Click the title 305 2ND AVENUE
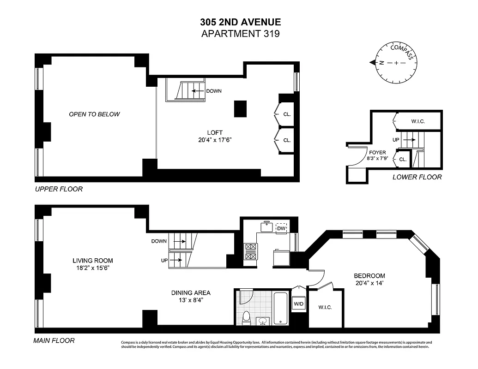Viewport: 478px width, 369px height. [240, 22]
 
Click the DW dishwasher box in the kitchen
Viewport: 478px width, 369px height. [281, 228]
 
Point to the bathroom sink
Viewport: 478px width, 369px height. [263, 321]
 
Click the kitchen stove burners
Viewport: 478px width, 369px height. [250, 252]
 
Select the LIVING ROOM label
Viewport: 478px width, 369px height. [92, 261]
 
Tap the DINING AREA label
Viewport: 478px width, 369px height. [191, 293]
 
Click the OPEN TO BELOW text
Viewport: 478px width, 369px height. [94, 114]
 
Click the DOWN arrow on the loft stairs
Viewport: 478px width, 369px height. [199, 91]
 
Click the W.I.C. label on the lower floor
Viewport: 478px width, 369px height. [417, 121]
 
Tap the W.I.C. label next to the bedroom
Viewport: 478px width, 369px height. [325, 308]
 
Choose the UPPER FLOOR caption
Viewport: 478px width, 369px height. [59, 189]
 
